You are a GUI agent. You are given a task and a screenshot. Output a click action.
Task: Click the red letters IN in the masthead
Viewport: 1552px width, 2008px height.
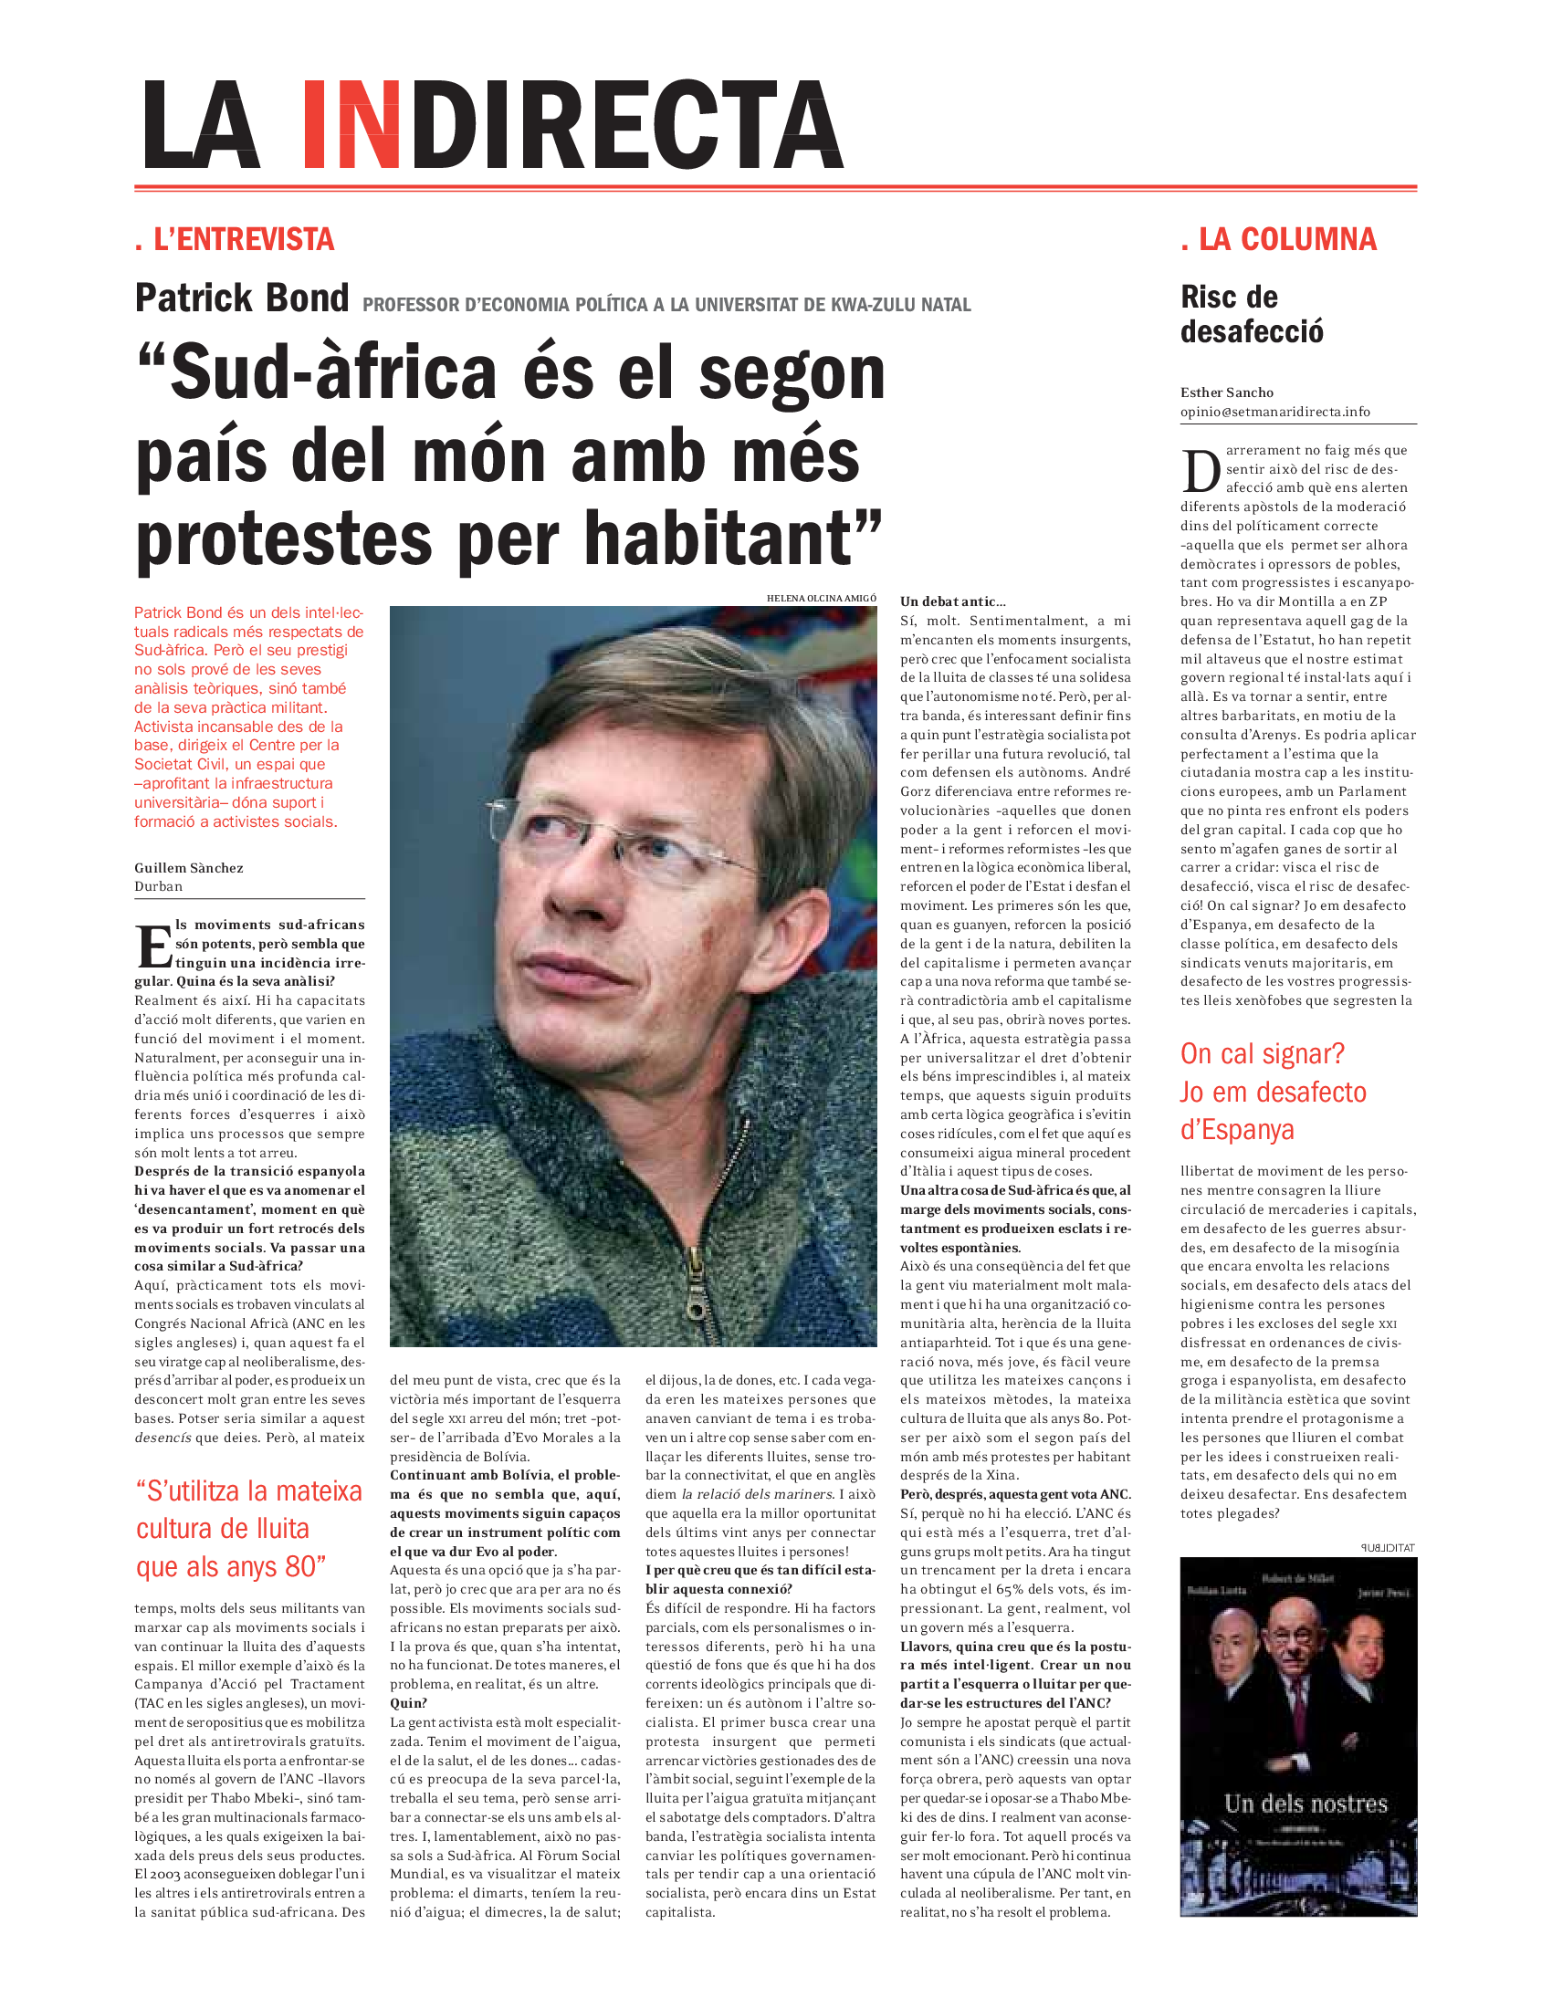point(351,125)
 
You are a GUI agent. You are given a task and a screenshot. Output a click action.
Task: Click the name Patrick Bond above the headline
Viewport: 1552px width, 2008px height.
point(242,298)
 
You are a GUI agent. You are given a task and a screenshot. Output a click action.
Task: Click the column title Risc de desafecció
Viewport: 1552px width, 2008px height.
point(1252,315)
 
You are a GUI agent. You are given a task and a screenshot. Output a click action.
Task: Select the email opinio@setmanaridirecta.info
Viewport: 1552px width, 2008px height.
point(1274,412)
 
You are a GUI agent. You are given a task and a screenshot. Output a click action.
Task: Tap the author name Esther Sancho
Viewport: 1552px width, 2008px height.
point(1226,392)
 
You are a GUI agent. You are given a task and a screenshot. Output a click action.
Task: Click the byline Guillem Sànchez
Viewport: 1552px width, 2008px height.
point(188,868)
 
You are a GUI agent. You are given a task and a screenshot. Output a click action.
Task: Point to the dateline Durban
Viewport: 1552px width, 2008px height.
point(158,886)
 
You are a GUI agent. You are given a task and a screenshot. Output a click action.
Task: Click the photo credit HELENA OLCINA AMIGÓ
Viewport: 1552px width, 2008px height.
point(821,599)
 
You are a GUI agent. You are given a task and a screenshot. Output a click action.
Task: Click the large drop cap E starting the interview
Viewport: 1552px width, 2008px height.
point(153,947)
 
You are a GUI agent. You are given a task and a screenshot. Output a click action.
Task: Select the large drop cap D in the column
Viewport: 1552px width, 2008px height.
point(1201,472)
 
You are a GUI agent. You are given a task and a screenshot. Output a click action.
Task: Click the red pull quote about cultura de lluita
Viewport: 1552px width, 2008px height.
point(248,1528)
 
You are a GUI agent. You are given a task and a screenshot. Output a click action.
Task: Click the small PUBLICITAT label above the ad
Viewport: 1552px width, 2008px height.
point(1388,1547)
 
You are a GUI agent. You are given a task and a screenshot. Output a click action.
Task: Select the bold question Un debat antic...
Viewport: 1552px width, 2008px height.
point(952,601)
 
